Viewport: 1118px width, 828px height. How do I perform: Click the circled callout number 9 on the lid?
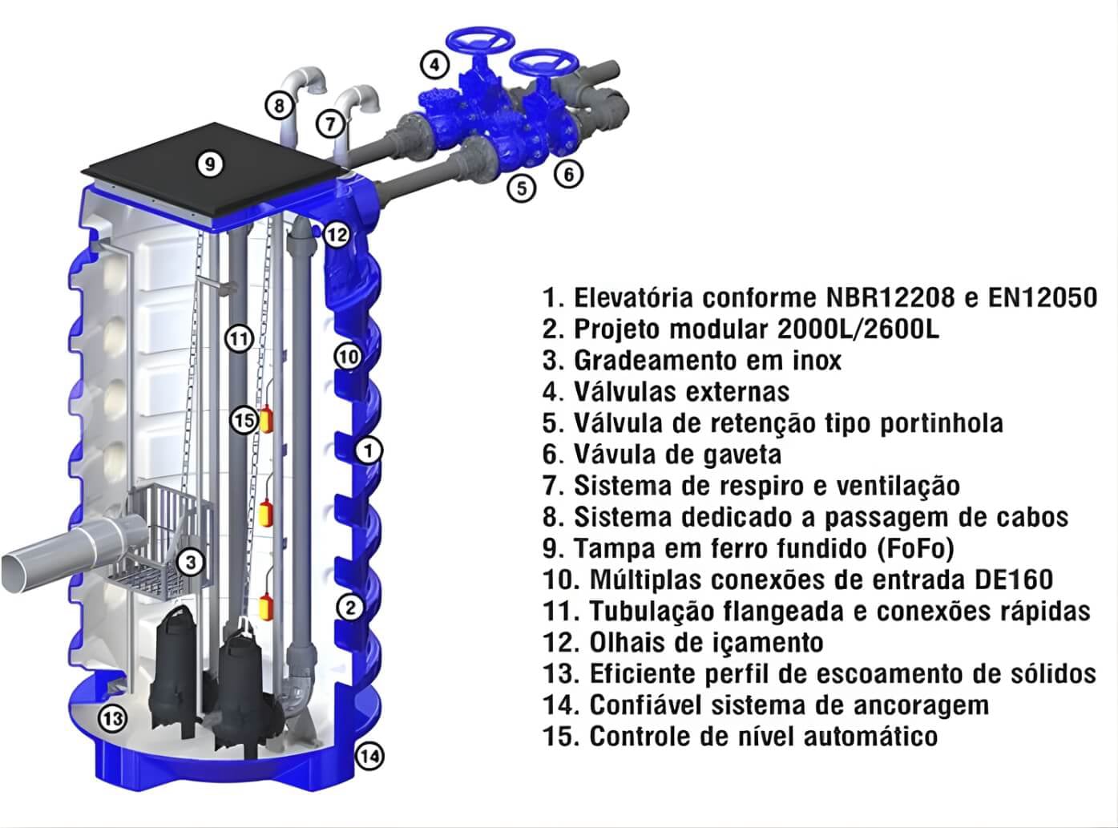[210, 164]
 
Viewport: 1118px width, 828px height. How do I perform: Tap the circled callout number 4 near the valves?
[434, 65]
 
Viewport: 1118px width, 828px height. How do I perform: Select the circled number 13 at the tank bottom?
[112, 718]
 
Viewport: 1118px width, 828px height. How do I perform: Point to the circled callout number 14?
[370, 757]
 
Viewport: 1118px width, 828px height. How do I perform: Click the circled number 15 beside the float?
[245, 420]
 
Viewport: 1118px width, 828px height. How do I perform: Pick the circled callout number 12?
[337, 235]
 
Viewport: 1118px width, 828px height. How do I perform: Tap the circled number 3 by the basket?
[191, 562]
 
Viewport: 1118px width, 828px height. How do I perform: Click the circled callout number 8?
[279, 106]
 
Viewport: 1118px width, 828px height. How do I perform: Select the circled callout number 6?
[568, 174]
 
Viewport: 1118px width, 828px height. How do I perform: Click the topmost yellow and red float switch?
[266, 419]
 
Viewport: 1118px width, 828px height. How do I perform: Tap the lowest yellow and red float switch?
[265, 606]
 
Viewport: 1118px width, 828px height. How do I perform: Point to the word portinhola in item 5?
[942, 423]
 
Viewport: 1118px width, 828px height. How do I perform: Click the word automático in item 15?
[870, 737]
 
